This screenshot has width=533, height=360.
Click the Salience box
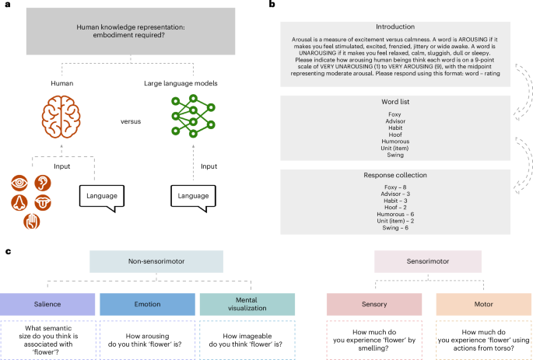[47, 304]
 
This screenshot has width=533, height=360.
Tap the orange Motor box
[473, 304]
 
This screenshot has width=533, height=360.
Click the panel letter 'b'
[271, 5]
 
